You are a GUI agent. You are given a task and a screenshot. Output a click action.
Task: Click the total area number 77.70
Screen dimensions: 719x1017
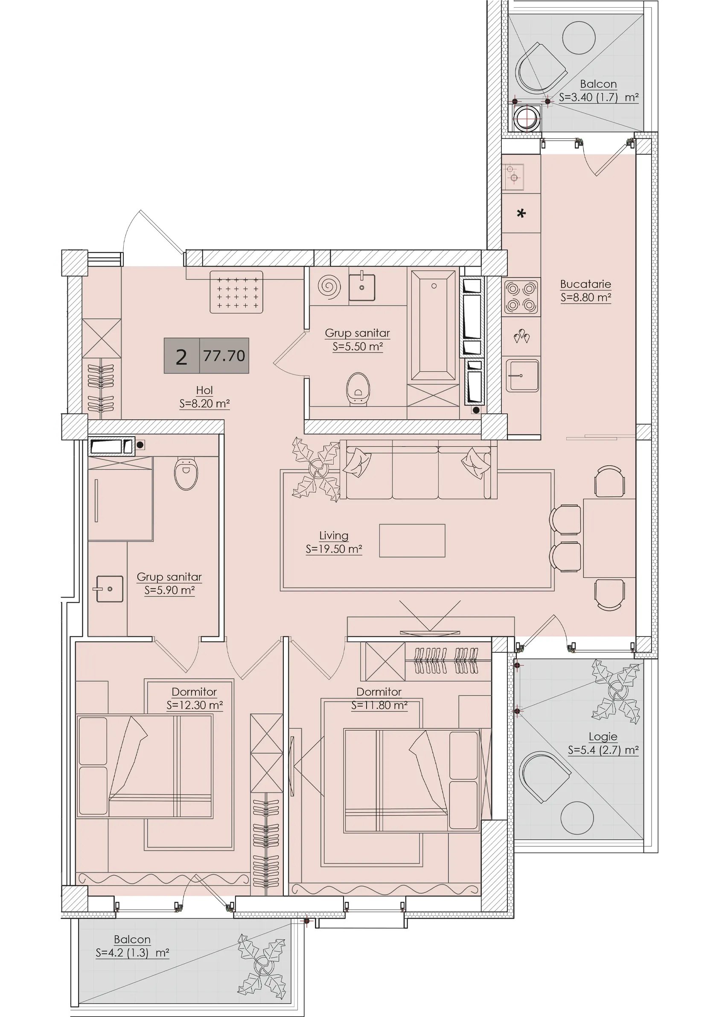tap(224, 356)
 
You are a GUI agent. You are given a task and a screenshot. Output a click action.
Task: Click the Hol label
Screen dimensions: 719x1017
tap(204, 390)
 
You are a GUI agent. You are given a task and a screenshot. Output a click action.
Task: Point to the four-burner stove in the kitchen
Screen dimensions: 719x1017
tap(521, 297)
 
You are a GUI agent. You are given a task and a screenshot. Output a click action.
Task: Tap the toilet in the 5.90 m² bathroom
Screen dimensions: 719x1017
tap(186, 474)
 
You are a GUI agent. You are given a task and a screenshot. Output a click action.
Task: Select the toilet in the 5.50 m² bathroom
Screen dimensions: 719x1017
tap(358, 389)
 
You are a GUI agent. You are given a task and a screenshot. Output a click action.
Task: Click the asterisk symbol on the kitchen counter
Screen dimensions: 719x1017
tap(521, 213)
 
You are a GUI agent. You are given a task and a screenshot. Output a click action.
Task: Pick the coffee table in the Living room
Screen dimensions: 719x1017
tap(412, 540)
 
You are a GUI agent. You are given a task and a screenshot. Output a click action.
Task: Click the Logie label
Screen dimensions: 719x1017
tap(603, 737)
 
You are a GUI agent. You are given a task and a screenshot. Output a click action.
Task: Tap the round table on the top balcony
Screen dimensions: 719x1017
tap(579, 37)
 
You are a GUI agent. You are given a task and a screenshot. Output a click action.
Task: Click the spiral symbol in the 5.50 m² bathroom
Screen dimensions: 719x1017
tap(329, 287)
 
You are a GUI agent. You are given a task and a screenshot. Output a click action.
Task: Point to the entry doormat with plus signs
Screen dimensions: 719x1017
tap(236, 292)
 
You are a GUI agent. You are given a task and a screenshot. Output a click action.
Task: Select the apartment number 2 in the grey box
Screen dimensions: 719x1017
tap(181, 357)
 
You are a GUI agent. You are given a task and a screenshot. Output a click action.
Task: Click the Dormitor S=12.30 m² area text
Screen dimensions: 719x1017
tap(195, 705)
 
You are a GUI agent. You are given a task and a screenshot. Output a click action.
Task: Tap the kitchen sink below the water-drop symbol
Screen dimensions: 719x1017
tap(522, 376)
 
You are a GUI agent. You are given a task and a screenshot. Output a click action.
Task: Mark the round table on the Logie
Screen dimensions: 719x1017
tap(577, 818)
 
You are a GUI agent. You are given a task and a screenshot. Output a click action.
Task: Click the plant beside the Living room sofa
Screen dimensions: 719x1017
tap(316, 470)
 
